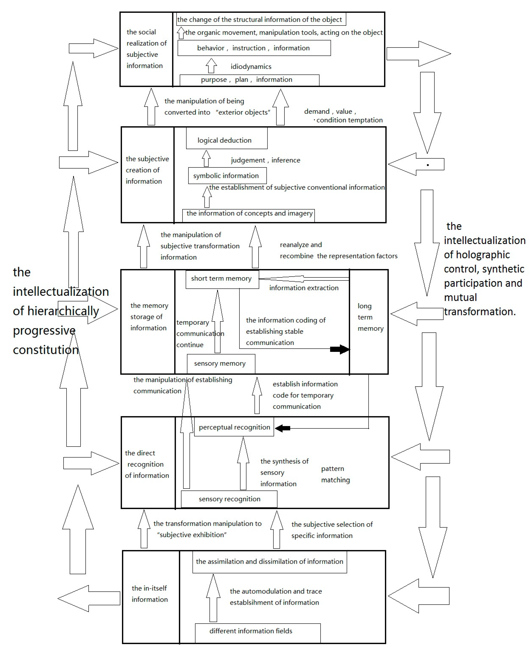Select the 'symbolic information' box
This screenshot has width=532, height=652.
click(227, 176)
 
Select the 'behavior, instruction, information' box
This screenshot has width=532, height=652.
click(254, 48)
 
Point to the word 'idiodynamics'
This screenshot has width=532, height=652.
click(251, 67)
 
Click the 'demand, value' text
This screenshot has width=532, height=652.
click(330, 112)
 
